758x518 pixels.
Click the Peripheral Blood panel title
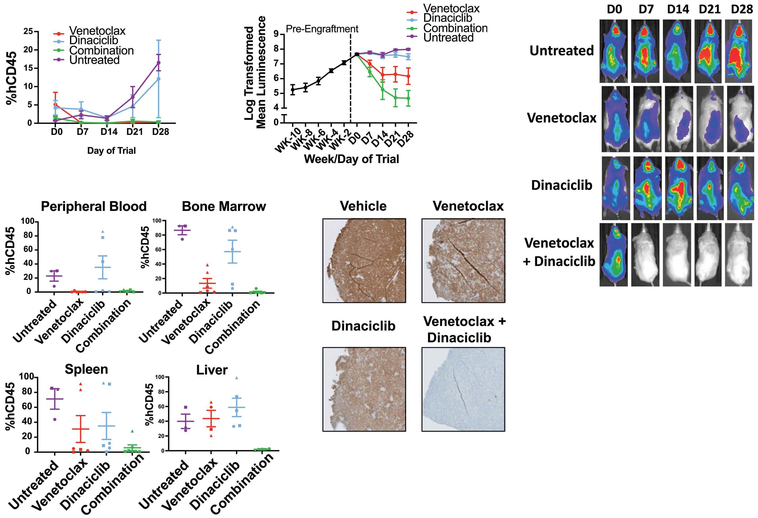(94, 207)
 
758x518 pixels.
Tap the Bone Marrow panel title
(224, 207)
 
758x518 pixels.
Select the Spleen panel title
(86, 369)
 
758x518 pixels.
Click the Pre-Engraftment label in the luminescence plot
(322, 29)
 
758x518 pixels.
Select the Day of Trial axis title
(111, 151)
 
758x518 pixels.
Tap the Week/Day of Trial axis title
(351, 159)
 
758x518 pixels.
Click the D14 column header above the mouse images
(678, 10)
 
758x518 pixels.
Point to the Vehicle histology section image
(364, 261)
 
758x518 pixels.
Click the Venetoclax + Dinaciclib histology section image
(463, 389)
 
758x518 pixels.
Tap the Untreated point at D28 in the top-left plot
(158, 63)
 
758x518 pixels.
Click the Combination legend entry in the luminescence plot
(455, 28)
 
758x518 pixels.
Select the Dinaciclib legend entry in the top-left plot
(93, 40)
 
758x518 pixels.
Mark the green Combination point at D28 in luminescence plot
(408, 98)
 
